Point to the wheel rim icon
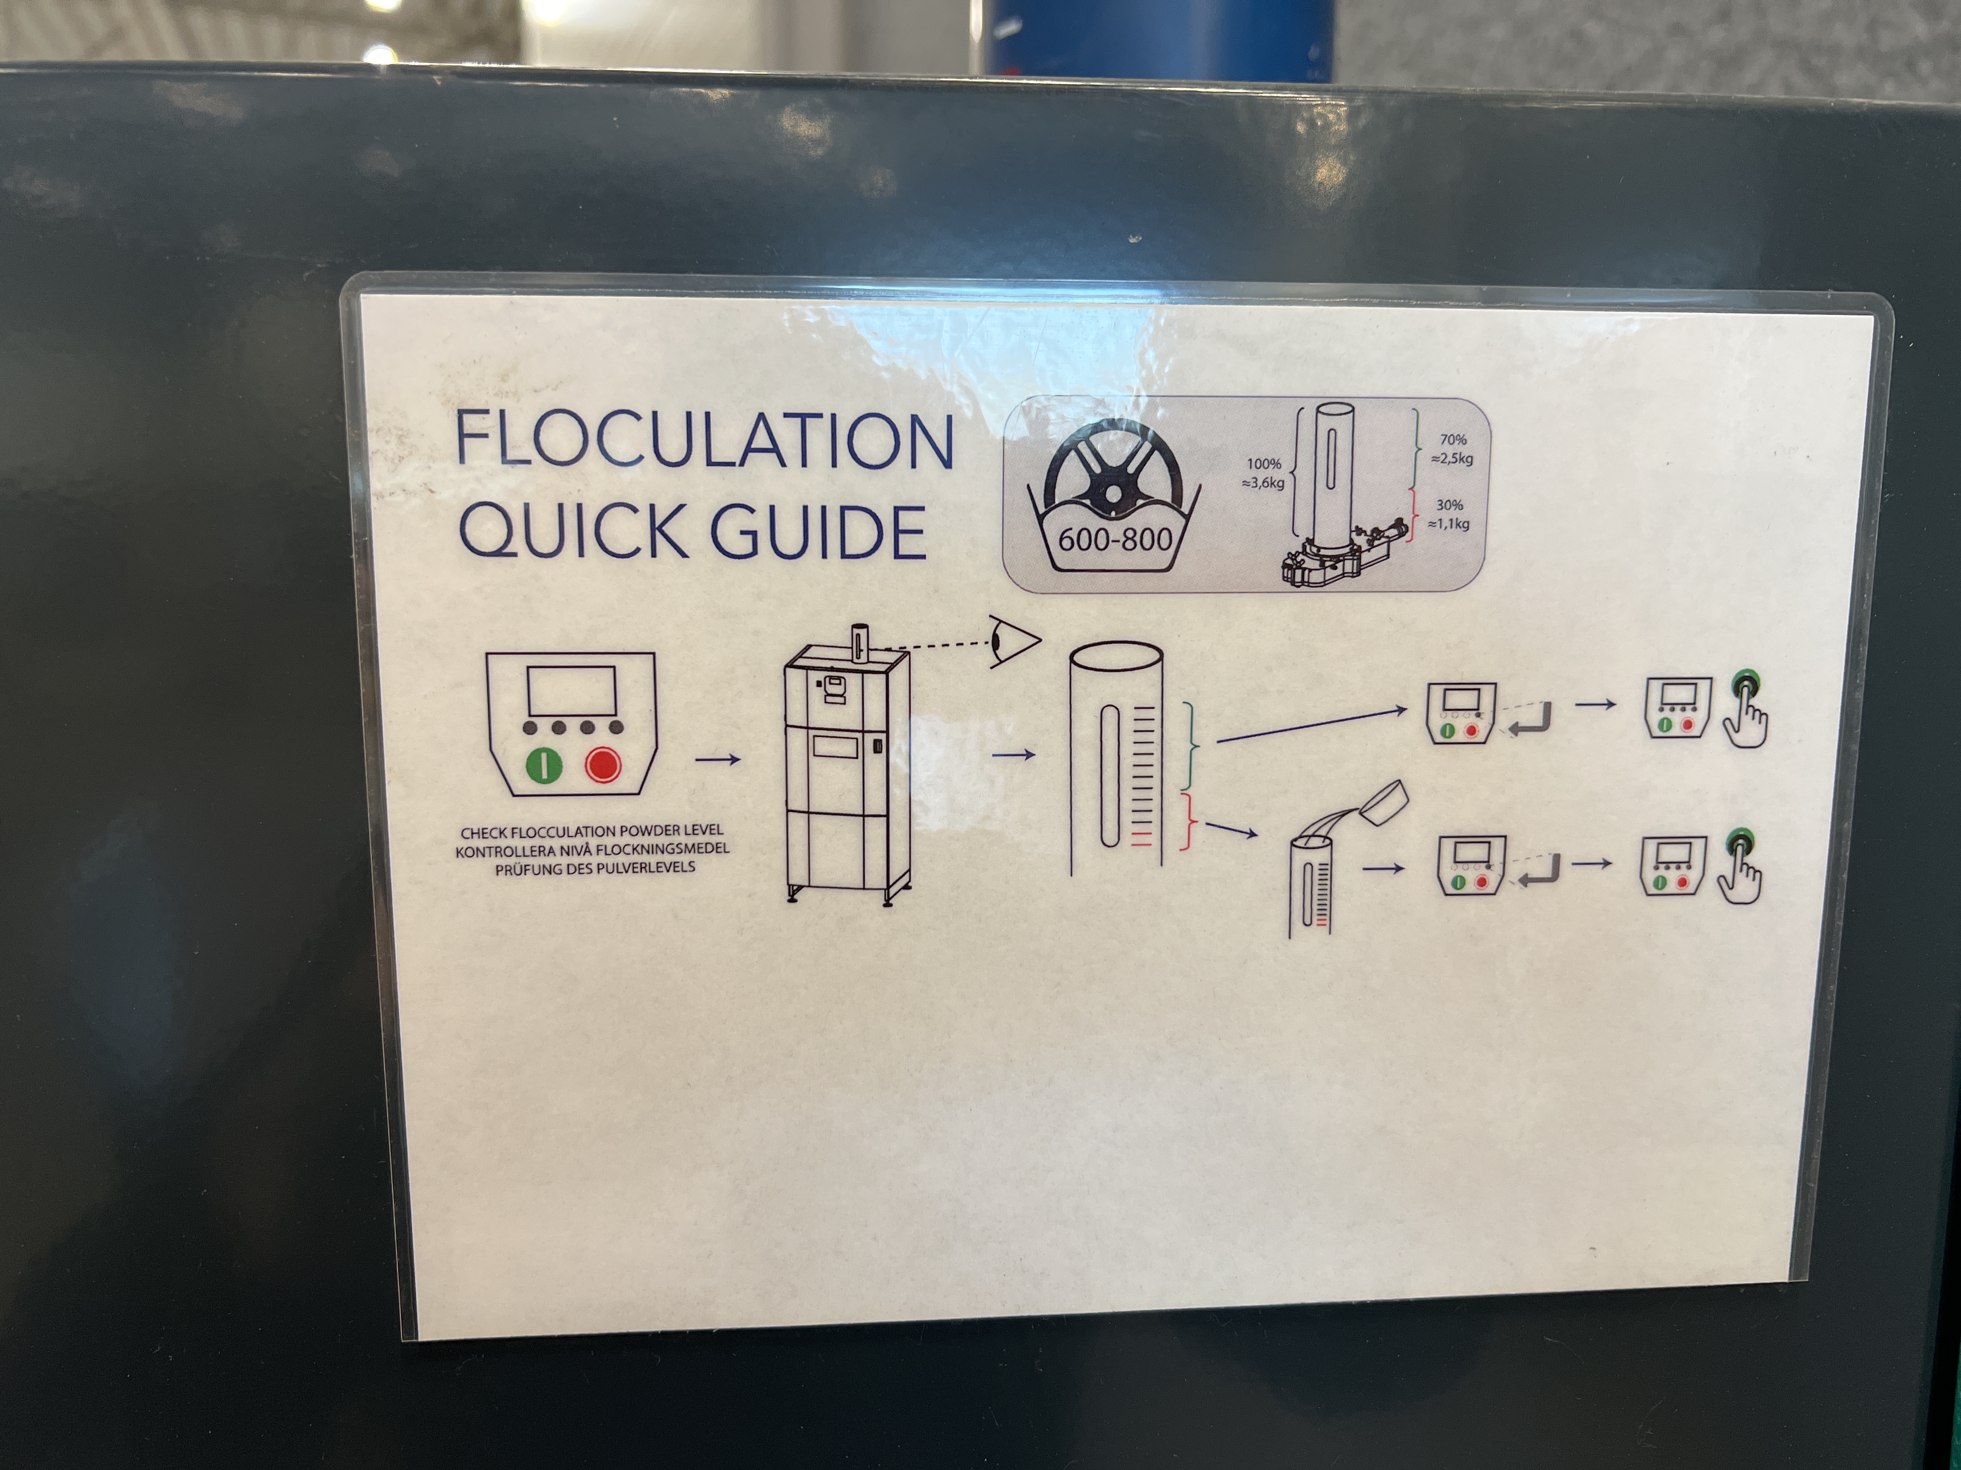(x=1113, y=470)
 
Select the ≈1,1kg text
(x=1448, y=524)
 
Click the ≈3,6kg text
(x=1263, y=483)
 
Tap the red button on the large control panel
(x=603, y=764)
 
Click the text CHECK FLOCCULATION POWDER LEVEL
(x=591, y=831)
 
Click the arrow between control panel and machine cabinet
(x=717, y=759)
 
